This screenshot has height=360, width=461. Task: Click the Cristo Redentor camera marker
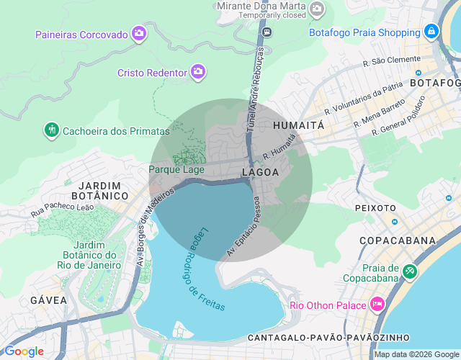click(199, 71)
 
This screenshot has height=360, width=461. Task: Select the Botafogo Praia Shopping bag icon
click(431, 31)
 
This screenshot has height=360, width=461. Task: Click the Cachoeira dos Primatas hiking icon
click(51, 130)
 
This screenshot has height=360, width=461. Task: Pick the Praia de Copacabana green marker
click(410, 271)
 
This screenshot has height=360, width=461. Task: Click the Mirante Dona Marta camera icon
click(317, 9)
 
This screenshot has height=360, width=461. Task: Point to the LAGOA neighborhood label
click(260, 173)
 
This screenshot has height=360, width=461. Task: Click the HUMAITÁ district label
click(299, 125)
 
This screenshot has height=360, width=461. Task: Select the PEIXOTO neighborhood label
click(375, 207)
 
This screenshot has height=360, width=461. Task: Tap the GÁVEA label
click(49, 300)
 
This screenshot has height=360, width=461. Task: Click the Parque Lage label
click(176, 170)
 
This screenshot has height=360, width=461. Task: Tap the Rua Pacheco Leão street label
click(63, 210)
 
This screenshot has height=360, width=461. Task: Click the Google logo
click(24, 351)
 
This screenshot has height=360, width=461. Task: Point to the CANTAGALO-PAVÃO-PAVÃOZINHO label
click(328, 337)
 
